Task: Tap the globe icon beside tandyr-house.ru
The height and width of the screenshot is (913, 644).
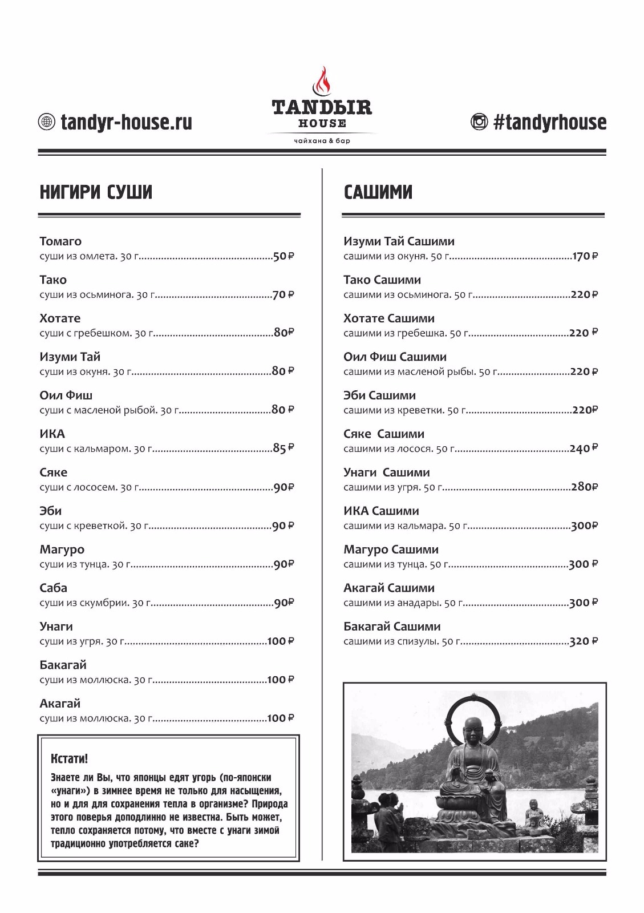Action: [46, 122]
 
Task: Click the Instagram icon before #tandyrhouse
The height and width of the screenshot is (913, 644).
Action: [479, 122]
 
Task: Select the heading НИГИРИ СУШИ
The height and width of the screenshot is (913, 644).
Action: [96, 192]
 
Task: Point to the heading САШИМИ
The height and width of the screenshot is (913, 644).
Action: [378, 192]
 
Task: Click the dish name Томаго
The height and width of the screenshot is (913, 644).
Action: [60, 241]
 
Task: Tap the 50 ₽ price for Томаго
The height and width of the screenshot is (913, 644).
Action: [283, 256]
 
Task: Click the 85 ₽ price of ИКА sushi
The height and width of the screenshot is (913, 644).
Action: [283, 449]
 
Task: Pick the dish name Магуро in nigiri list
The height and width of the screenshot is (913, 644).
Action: [62, 550]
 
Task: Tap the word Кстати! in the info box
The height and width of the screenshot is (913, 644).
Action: [70, 759]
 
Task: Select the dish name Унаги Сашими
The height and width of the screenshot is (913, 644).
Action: [386, 472]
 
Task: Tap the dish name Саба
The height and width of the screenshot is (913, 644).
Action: [53, 588]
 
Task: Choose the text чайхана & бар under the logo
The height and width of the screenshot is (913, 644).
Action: [322, 141]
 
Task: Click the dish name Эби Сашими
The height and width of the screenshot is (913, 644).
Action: [379, 395]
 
